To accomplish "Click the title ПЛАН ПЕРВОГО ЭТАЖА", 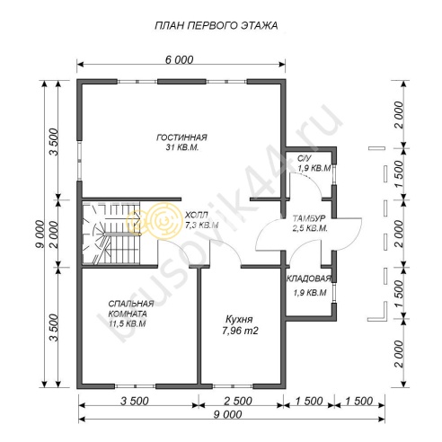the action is [x=217, y=26].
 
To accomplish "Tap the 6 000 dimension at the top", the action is [x=180, y=60].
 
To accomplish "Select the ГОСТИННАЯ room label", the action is [x=181, y=137].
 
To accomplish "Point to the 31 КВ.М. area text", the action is [x=182, y=147].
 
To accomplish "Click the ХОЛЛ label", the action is [x=197, y=215].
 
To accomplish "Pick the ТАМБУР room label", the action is [x=310, y=217].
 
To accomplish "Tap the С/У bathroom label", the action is [x=305, y=158].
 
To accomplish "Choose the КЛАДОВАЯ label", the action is [x=309, y=278].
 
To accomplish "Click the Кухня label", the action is [x=239, y=319].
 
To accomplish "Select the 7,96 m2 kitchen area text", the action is [x=240, y=331].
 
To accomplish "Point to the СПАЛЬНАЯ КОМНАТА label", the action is [x=131, y=309].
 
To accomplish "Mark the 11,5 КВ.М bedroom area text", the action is [x=128, y=323].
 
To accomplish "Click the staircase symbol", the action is [x=111, y=233].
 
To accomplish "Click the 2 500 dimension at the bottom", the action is [x=238, y=402].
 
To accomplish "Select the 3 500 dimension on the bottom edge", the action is [x=134, y=402].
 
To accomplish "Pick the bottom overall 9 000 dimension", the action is [x=227, y=415].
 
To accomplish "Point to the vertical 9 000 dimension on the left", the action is [x=40, y=234].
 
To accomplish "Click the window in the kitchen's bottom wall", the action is [x=233, y=386].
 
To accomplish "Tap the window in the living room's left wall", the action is [x=80, y=161].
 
